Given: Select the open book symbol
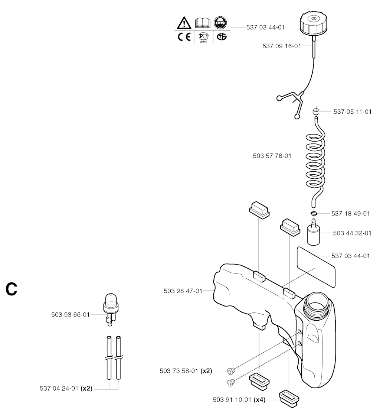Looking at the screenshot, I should [x=203, y=23].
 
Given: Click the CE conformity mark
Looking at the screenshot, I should [x=184, y=37].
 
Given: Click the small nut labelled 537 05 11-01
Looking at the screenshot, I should [x=316, y=111].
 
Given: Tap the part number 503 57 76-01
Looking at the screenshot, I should [x=272, y=156].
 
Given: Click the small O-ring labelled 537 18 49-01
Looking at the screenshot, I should [x=314, y=213].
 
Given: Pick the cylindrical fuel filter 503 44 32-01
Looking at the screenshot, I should [x=314, y=233].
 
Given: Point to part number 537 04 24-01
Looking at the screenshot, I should [x=59, y=389].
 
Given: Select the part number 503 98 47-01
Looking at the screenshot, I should [x=183, y=291].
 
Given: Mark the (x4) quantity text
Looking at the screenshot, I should [x=259, y=400].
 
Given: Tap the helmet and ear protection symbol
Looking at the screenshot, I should [x=221, y=23].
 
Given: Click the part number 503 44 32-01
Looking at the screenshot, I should [x=352, y=233].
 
